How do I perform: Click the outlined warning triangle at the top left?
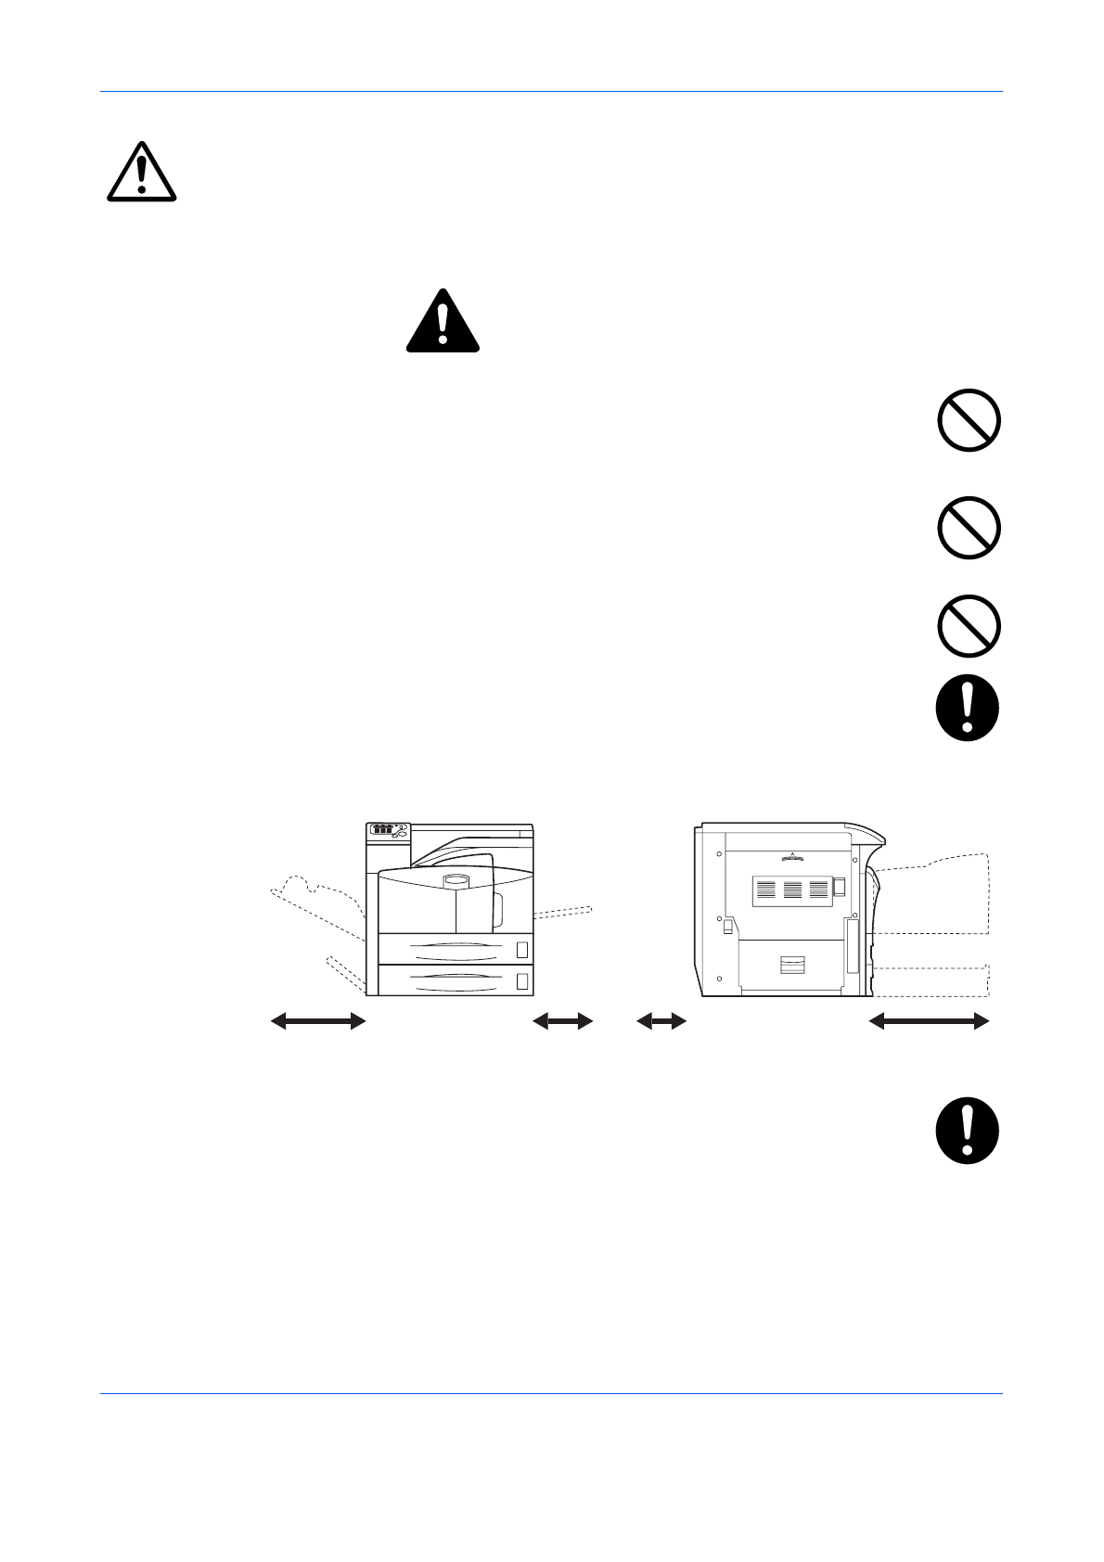(141, 173)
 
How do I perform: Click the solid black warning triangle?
(443, 322)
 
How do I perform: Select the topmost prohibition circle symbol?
(969, 420)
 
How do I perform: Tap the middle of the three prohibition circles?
(969, 528)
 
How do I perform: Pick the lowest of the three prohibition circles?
(969, 626)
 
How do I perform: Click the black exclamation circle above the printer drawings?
(968, 708)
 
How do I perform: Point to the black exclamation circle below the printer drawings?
(968, 1131)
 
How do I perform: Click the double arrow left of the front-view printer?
(318, 1021)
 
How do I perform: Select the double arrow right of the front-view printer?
(563, 1021)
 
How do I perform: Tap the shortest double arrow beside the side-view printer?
(661, 1021)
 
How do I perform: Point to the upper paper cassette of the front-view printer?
(455, 949)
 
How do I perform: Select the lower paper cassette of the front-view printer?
(455, 980)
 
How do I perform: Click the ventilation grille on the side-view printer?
(792, 889)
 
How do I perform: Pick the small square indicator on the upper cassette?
(521, 949)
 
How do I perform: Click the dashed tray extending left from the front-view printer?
(315, 904)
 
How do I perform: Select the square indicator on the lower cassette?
(521, 980)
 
